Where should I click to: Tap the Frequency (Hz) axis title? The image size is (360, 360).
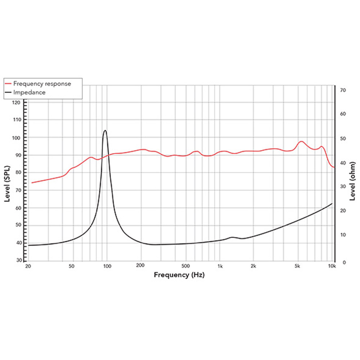tap(179, 275)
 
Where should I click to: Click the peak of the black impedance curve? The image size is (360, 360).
tap(105, 130)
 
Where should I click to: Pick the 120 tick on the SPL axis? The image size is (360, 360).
tap(17, 102)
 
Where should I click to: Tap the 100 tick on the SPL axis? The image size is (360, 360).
tap(17, 138)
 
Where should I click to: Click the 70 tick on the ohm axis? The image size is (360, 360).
tap(343, 90)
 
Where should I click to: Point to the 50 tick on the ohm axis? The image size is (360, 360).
tap(343, 139)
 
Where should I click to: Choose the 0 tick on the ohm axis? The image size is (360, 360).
tap(344, 262)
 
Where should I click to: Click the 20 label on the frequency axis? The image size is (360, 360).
tap(28, 267)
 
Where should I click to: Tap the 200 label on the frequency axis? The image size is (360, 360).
tap(140, 267)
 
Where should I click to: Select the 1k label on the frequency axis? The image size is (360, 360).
tap(220, 267)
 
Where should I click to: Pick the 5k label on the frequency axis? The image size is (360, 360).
tap(297, 267)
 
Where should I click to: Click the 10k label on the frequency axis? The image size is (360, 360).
tap(332, 267)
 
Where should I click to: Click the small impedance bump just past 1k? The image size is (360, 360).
tap(232, 237)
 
